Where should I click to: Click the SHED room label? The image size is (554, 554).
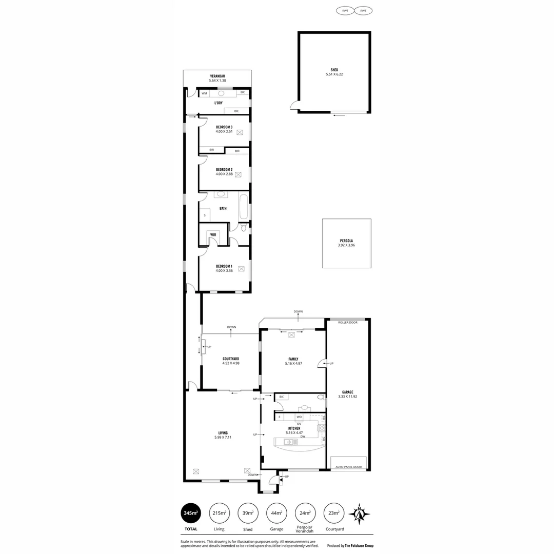(x=334, y=70)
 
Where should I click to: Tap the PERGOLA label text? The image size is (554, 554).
(x=346, y=241)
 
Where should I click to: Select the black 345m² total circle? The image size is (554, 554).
(x=190, y=512)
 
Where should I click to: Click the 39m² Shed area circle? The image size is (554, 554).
(x=248, y=512)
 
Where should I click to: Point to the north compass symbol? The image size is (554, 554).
(x=360, y=513)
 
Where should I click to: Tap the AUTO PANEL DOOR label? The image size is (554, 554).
(x=348, y=467)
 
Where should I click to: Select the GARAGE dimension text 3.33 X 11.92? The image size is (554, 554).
(x=348, y=397)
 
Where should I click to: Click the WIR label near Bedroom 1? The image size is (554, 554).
(x=213, y=234)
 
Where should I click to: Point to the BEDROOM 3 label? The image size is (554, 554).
(x=224, y=127)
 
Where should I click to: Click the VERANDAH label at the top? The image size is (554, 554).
(x=217, y=76)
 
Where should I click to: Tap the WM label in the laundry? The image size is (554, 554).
(x=204, y=93)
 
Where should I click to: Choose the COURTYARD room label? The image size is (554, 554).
(x=231, y=359)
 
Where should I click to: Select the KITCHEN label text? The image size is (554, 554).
(x=294, y=428)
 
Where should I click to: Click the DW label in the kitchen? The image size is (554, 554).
(x=310, y=437)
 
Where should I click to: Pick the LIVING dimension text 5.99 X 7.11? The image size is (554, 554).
(x=223, y=438)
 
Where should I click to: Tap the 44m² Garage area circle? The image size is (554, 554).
(x=276, y=512)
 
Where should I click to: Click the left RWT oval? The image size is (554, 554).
(x=345, y=10)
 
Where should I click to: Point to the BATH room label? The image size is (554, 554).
(x=223, y=208)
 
